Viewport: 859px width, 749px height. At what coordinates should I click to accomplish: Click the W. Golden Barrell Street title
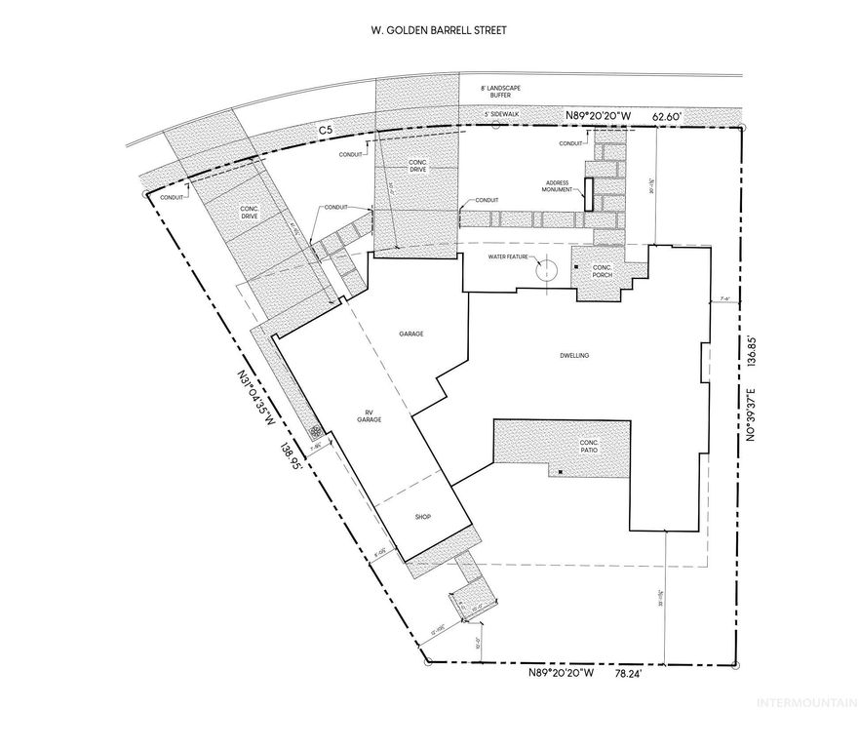coord(430,30)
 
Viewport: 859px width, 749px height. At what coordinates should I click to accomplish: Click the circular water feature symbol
coord(547,268)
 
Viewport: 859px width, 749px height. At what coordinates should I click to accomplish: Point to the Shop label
coord(423,516)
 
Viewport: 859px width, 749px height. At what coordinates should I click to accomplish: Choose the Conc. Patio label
coord(587,447)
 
